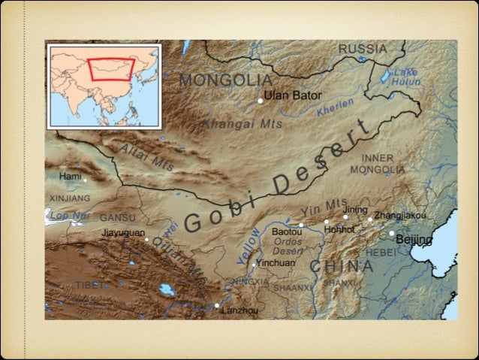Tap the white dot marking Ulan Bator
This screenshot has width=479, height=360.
pos(261,100)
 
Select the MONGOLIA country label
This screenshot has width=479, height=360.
pos(225,80)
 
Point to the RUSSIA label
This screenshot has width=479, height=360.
pos(363,49)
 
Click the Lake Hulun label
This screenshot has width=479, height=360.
pos(405,76)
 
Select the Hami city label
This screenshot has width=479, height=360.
pos(70,176)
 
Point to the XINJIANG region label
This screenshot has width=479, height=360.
pos(70,198)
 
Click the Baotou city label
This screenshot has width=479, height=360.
pos(286,232)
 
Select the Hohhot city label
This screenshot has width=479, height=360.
pos(339,228)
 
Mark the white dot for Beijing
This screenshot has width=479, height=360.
pos(391,233)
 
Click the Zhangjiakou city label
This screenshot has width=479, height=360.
pos(399,216)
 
